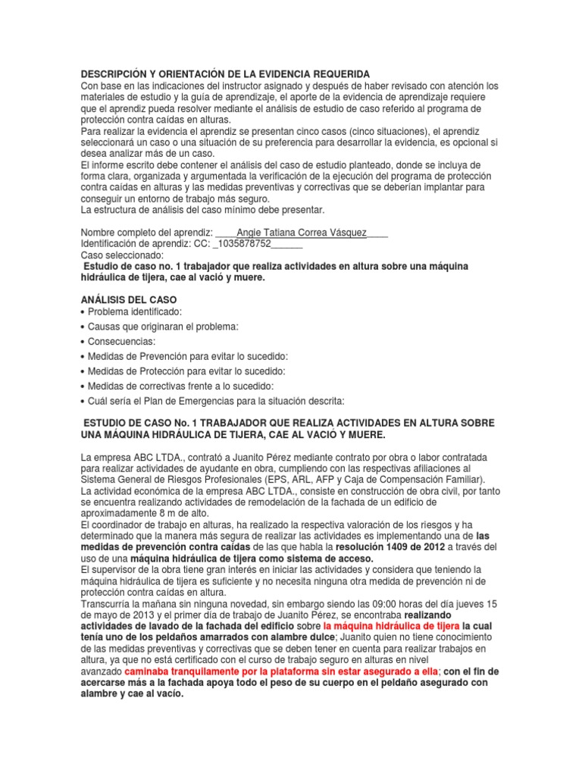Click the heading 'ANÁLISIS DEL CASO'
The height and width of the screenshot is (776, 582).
pos(128,300)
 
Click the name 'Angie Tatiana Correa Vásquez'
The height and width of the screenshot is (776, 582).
pos(302,233)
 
